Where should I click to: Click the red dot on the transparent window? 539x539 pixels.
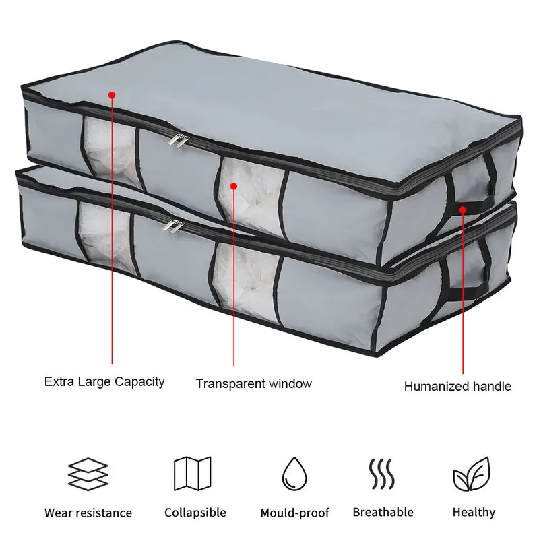click(x=234, y=185)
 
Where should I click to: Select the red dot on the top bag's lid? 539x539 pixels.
click(x=112, y=95)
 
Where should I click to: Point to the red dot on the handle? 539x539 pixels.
click(x=463, y=210)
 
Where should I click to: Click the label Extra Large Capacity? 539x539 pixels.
click(x=104, y=381)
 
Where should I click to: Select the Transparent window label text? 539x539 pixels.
click(x=254, y=383)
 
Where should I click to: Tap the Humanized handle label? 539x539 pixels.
click(x=457, y=386)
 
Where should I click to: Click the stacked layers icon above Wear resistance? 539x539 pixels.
click(x=88, y=474)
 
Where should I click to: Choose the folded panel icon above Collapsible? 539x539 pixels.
click(x=193, y=474)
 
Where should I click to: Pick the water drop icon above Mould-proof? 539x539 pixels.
click(x=294, y=474)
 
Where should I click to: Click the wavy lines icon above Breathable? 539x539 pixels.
click(x=382, y=474)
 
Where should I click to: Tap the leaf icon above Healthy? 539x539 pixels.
click(x=472, y=474)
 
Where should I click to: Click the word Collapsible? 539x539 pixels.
click(x=195, y=513)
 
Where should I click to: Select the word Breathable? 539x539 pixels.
click(x=383, y=512)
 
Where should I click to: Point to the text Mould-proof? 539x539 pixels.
click(x=295, y=513)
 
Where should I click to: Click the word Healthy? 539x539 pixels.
click(x=474, y=512)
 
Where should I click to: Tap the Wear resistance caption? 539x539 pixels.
click(x=88, y=513)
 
